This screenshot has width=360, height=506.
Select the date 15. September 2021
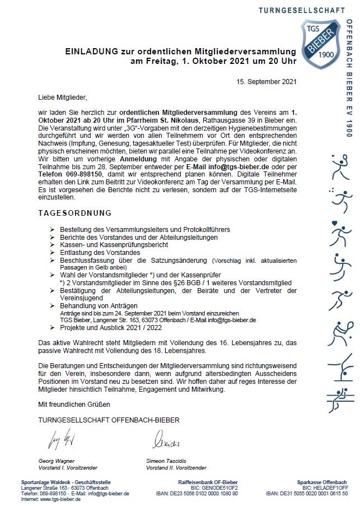[267, 81]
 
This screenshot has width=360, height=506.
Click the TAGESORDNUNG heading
[74, 213]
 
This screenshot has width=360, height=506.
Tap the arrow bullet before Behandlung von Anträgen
[52, 306]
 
